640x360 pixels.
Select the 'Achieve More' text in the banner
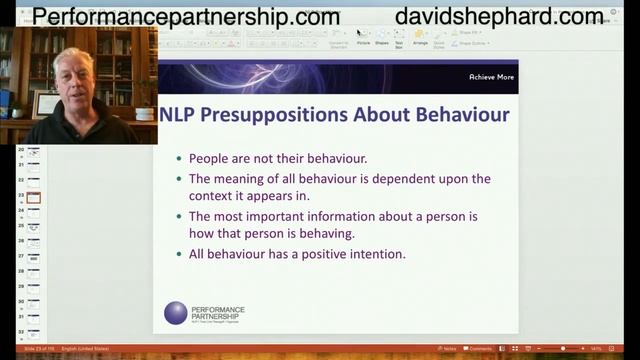491,77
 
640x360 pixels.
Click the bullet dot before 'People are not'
179,159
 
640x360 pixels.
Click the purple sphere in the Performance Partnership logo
175,313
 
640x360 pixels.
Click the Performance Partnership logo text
217,313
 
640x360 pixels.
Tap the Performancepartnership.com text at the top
186,17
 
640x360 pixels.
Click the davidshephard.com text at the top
499,17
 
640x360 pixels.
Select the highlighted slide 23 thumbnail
34,197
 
